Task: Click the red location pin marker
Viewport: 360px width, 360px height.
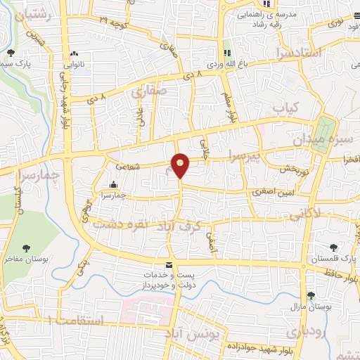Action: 181,165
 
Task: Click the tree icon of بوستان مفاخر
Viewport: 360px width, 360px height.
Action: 26,247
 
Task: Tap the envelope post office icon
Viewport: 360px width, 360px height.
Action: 167,264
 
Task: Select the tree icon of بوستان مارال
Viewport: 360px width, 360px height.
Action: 311,295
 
